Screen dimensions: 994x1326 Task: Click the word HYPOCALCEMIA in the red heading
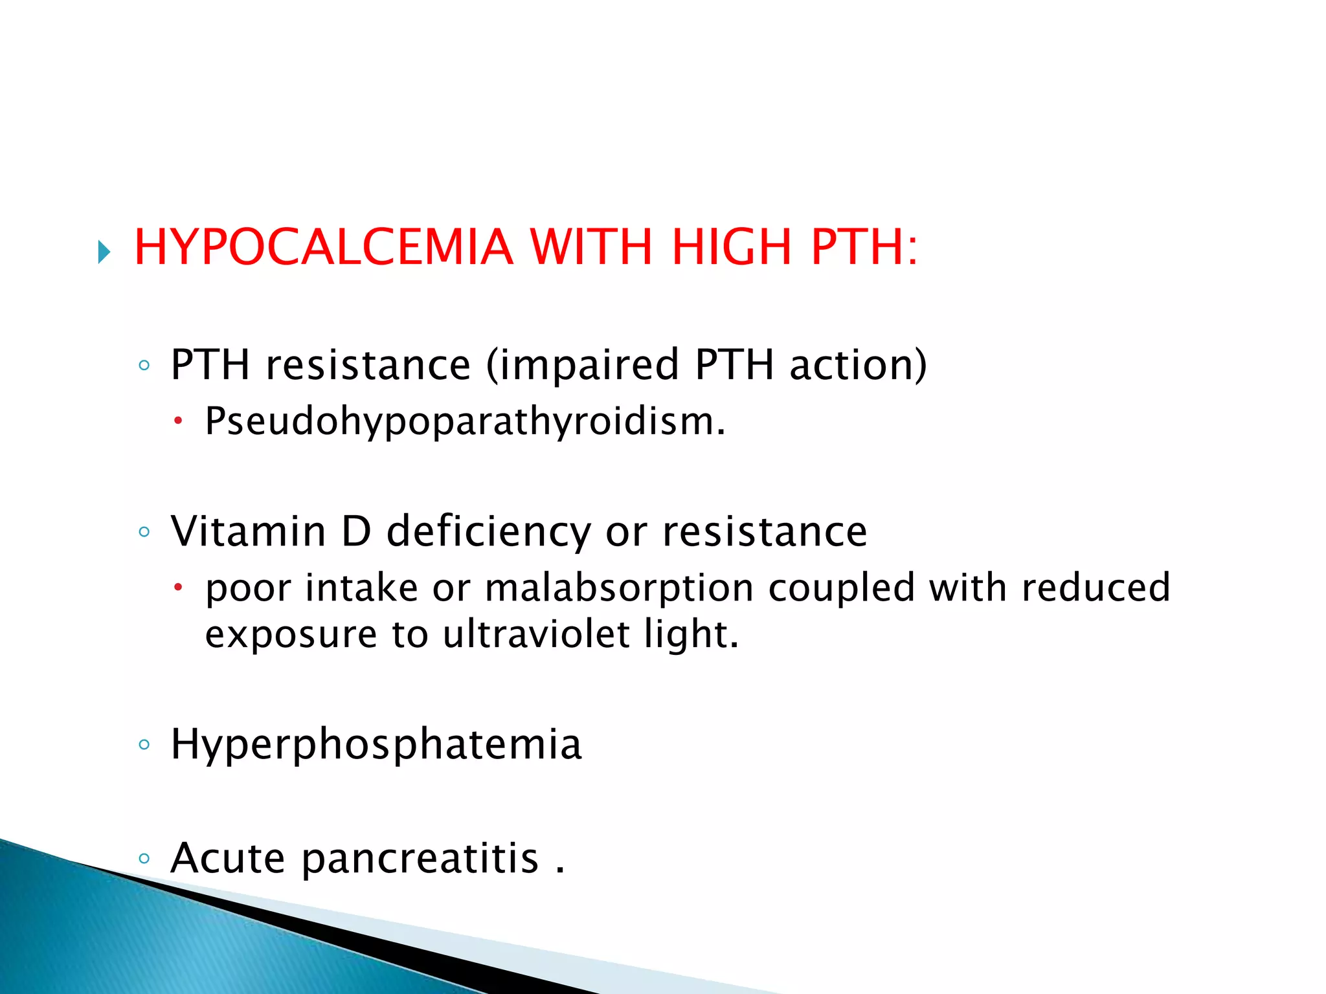click(x=323, y=247)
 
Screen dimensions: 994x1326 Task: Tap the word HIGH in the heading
click(x=732, y=247)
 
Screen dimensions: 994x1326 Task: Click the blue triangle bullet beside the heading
click(x=104, y=252)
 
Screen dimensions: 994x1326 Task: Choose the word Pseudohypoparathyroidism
click(x=465, y=423)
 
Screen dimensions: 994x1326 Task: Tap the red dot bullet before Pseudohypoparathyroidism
click(x=179, y=423)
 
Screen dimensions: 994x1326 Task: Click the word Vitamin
click(x=248, y=531)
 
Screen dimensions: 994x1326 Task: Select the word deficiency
click(x=488, y=533)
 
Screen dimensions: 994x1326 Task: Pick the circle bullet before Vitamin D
click(x=144, y=532)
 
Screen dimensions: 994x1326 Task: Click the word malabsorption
click(x=619, y=589)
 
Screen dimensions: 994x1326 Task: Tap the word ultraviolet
click(x=536, y=634)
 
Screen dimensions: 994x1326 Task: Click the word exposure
click(x=291, y=635)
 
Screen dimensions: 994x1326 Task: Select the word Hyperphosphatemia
click(x=376, y=745)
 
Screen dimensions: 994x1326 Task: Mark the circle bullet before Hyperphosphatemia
click(x=144, y=745)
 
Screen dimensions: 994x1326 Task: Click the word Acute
click(x=227, y=858)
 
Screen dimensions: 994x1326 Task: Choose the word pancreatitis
click(x=420, y=859)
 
